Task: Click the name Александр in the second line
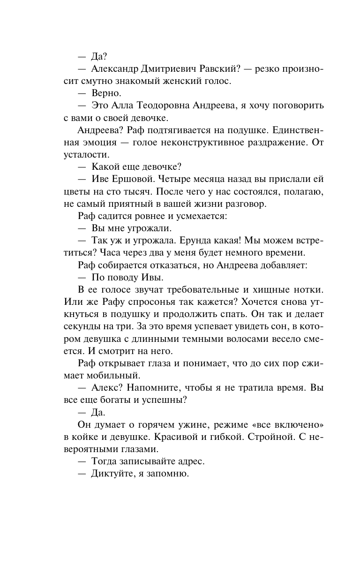click(x=116, y=69)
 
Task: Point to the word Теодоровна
click(x=168, y=106)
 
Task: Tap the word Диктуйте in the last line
click(x=109, y=474)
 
